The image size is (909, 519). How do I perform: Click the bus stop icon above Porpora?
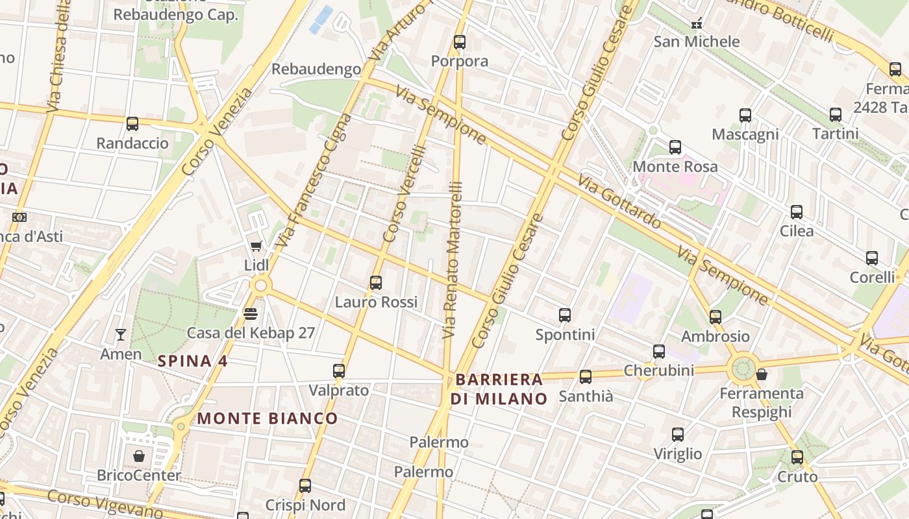[x=460, y=42]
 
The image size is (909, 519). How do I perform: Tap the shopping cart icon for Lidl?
[x=256, y=246]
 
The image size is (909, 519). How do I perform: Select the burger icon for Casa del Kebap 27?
[x=251, y=314]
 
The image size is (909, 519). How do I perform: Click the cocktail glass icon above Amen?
[x=121, y=335]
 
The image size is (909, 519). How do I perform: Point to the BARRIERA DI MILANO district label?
[x=499, y=389]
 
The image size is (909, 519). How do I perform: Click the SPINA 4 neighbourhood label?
[x=193, y=361]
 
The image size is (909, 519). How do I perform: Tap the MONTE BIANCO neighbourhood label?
[x=268, y=418]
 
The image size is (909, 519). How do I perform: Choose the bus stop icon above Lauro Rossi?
[x=376, y=283]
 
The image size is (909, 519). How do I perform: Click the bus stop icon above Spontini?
[x=565, y=315]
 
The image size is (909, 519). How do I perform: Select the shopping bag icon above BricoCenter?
[x=138, y=456]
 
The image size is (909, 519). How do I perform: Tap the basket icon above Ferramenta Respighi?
[x=762, y=374]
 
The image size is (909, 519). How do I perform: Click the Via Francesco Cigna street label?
[x=314, y=182]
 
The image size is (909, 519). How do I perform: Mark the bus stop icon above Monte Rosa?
[x=675, y=147]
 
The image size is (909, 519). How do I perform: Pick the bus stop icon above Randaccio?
[x=132, y=124]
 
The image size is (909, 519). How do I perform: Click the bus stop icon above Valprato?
[x=339, y=371]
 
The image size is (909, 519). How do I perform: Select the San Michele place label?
[x=696, y=42]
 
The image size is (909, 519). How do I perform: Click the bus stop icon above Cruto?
[x=797, y=457]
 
